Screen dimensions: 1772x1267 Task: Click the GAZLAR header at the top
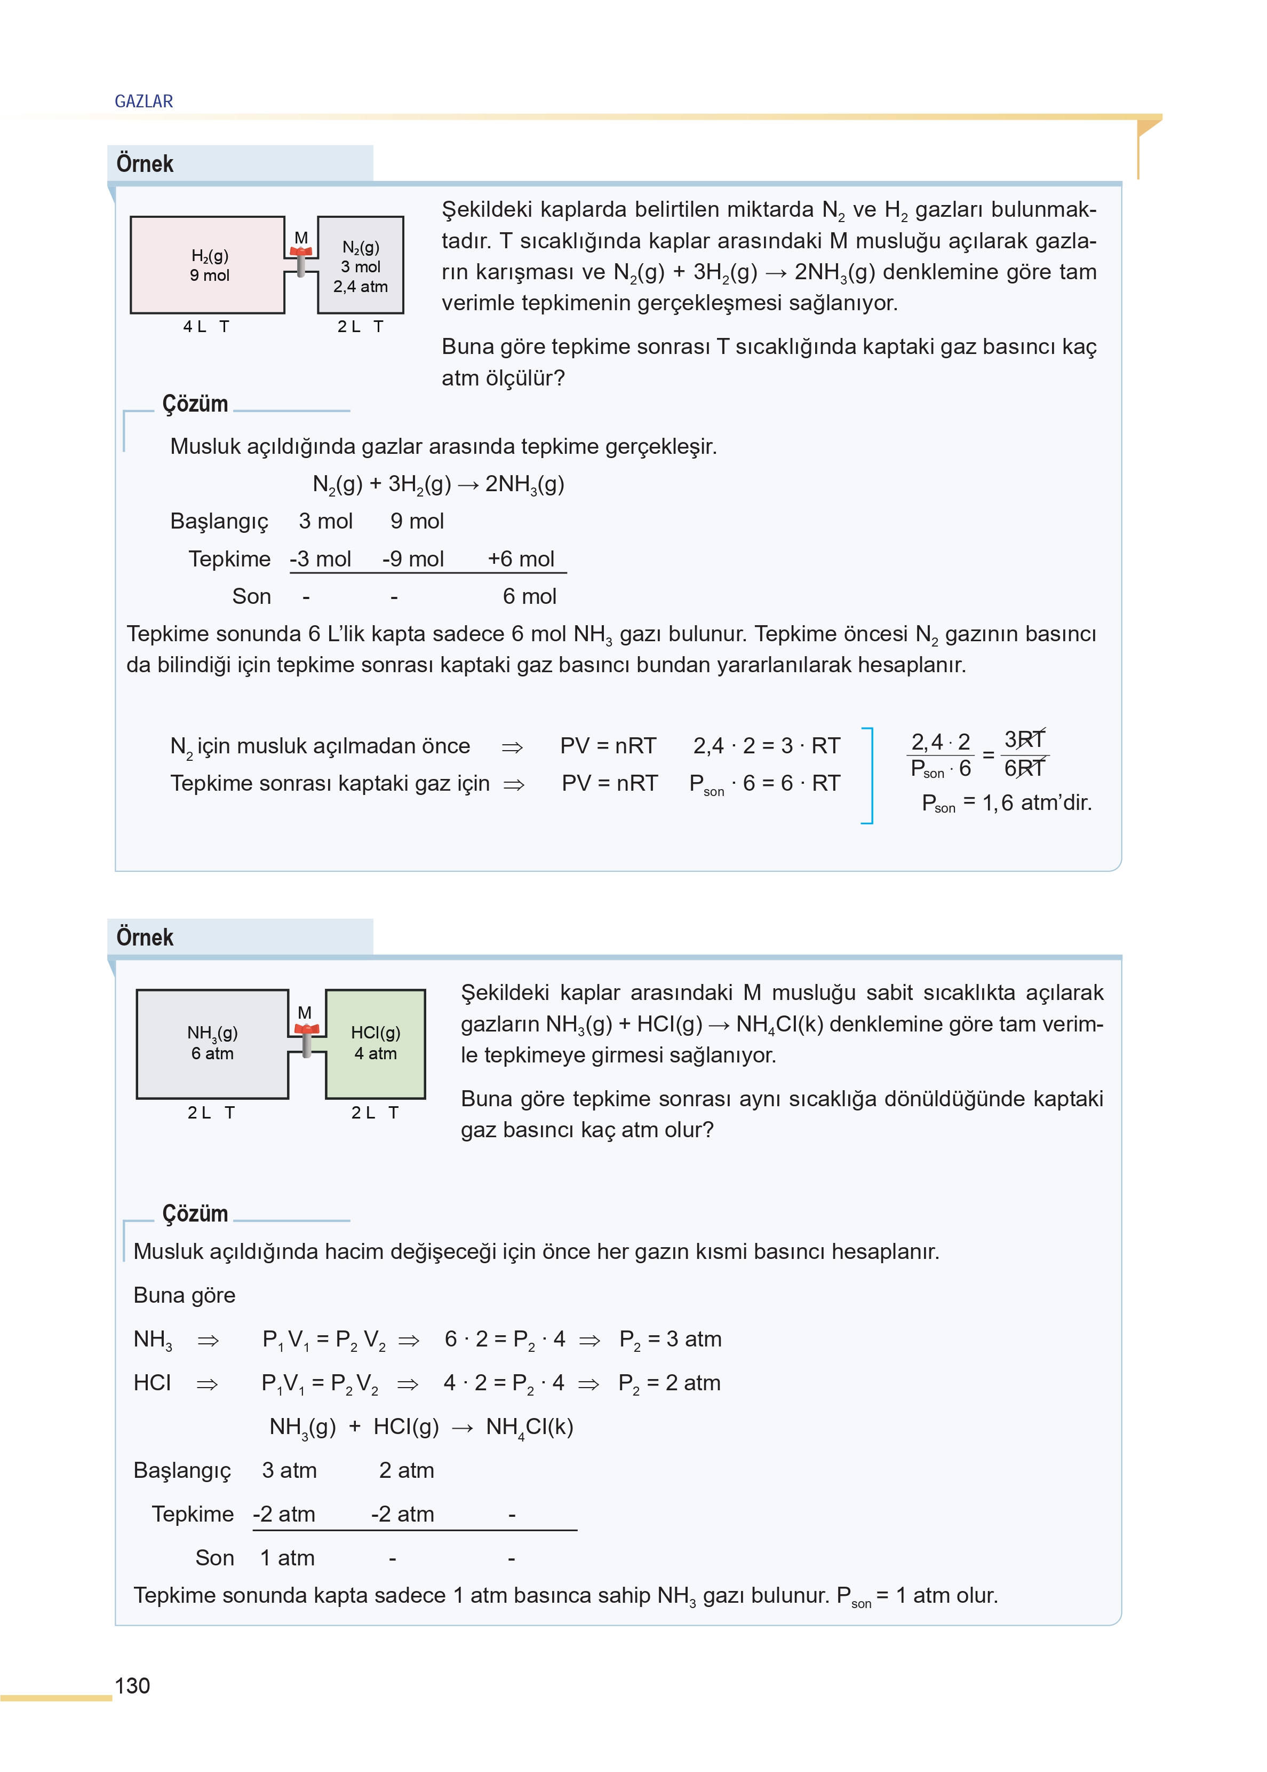point(144,101)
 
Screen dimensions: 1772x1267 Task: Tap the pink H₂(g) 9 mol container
point(208,265)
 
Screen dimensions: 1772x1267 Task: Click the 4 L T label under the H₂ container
point(206,326)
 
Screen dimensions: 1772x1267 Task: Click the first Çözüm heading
point(195,404)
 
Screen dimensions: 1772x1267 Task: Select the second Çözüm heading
point(195,1213)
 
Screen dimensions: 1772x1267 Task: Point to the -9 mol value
point(413,559)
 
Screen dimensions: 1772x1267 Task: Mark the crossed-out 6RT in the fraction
point(1024,769)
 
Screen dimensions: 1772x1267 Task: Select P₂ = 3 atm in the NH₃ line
point(670,1340)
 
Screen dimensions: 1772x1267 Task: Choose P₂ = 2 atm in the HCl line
point(670,1383)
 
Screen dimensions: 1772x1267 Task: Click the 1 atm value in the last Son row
point(287,1558)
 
